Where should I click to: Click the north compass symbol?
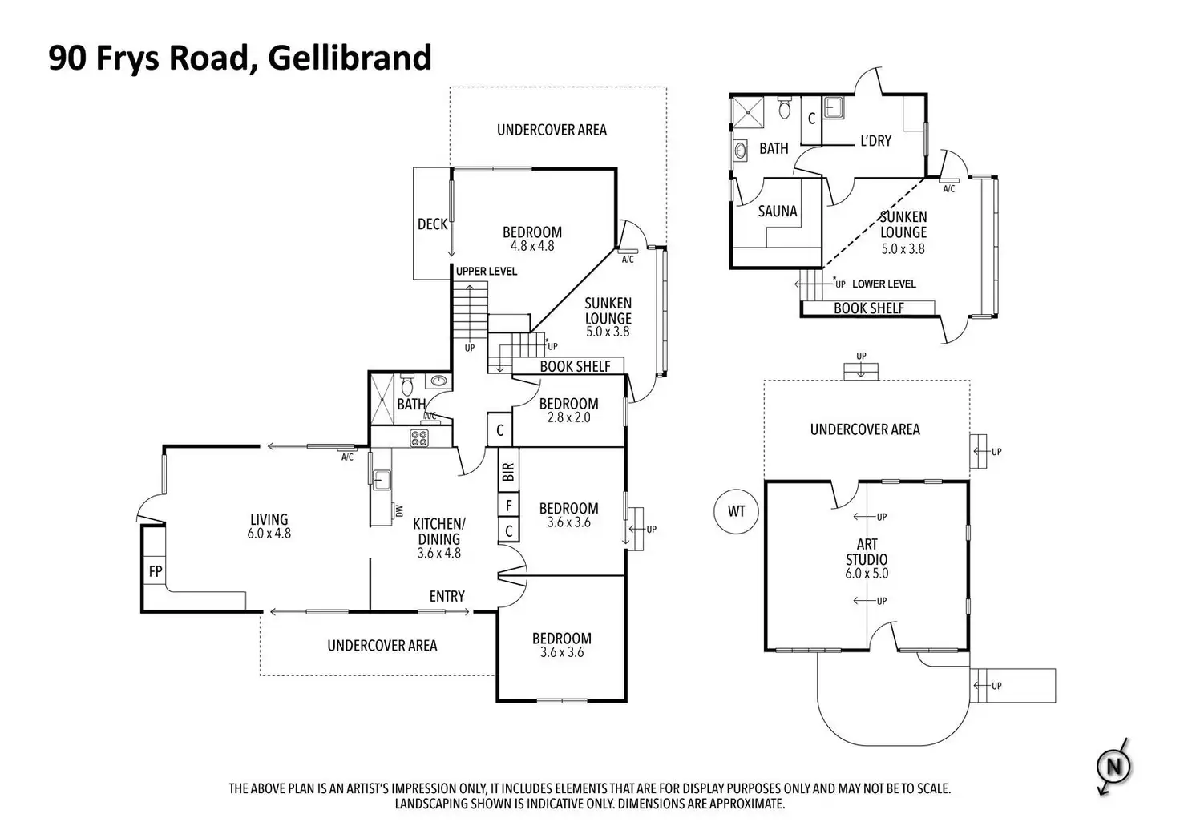pyautogui.click(x=1113, y=767)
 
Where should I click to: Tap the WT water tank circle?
pyautogui.click(x=736, y=510)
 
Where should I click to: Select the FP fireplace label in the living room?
pyautogui.click(x=156, y=572)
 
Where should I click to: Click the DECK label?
pyautogui.click(x=432, y=224)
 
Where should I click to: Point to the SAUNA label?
pyautogui.click(x=778, y=212)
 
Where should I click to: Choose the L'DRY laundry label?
pyautogui.click(x=875, y=141)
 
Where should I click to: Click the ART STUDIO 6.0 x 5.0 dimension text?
pyautogui.click(x=867, y=574)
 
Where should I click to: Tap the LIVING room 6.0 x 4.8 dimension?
pyautogui.click(x=269, y=533)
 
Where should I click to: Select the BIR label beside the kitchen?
pyautogui.click(x=508, y=472)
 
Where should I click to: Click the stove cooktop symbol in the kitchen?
pyautogui.click(x=420, y=437)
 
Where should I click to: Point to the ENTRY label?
pyautogui.click(x=447, y=596)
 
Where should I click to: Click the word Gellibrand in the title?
pyautogui.click(x=350, y=58)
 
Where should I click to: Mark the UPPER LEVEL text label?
pyautogui.click(x=487, y=272)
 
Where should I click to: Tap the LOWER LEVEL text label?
pyautogui.click(x=883, y=284)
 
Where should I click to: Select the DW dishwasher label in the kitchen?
pyautogui.click(x=398, y=510)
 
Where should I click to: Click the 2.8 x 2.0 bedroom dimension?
pyautogui.click(x=568, y=417)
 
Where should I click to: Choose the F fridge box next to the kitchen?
pyautogui.click(x=508, y=506)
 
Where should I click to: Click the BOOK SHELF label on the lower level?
pyautogui.click(x=869, y=308)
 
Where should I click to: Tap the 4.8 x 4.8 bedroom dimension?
pyautogui.click(x=532, y=246)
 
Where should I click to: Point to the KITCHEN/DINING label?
pyautogui.click(x=438, y=531)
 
